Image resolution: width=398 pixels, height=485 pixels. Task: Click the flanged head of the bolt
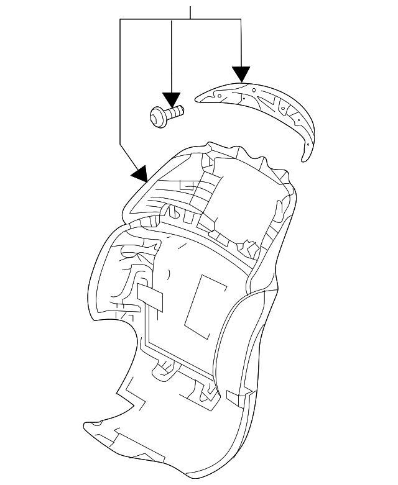[157, 116]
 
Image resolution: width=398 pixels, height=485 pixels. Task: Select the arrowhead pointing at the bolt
[171, 99]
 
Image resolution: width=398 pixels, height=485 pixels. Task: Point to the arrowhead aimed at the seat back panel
[140, 173]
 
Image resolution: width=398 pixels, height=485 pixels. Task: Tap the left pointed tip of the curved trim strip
[198, 97]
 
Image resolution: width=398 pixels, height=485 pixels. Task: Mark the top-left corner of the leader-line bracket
[119, 20]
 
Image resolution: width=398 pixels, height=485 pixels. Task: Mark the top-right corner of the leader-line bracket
[241, 20]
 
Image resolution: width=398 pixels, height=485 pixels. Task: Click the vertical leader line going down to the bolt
[171, 56]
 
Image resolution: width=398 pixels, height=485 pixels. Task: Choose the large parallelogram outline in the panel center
[206, 301]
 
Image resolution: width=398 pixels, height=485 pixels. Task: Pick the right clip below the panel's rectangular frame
[206, 391]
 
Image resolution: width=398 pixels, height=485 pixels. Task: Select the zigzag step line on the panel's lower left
[131, 391]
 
